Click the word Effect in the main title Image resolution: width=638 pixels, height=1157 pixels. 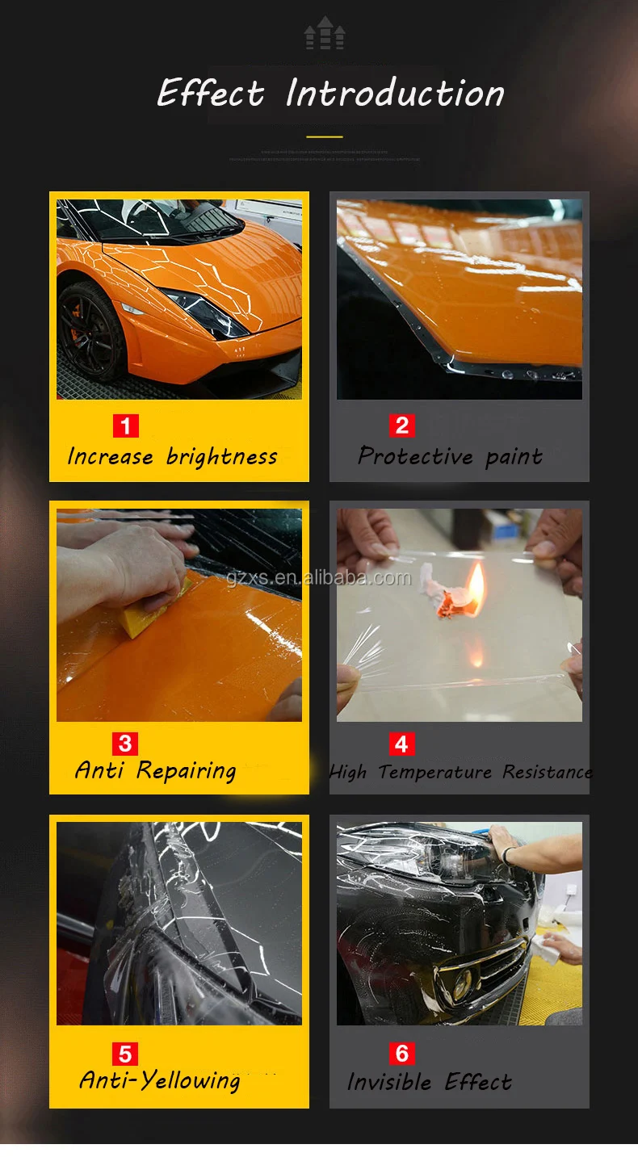tap(211, 93)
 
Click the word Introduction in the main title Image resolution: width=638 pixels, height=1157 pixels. tap(395, 93)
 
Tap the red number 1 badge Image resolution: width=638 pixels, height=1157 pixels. tap(125, 425)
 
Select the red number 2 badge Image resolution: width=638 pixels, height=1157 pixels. tap(401, 425)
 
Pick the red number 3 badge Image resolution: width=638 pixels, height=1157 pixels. tap(125, 743)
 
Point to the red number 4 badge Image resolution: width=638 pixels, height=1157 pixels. tap(401, 743)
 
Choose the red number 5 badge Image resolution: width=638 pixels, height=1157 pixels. tap(125, 1054)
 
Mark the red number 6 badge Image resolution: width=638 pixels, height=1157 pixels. tap(401, 1054)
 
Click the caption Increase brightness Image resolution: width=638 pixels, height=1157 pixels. tap(172, 457)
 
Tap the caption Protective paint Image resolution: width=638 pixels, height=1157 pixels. tap(450, 457)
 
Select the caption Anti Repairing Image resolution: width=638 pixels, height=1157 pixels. tap(156, 771)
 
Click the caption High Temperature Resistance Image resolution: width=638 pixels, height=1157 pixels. tap(460, 773)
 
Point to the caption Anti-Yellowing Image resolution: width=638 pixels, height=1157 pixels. tap(160, 1081)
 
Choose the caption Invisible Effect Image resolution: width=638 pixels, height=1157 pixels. tap(430, 1082)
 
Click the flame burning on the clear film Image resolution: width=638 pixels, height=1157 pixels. tap(476, 585)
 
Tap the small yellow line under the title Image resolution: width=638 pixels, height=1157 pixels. tap(324, 136)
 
